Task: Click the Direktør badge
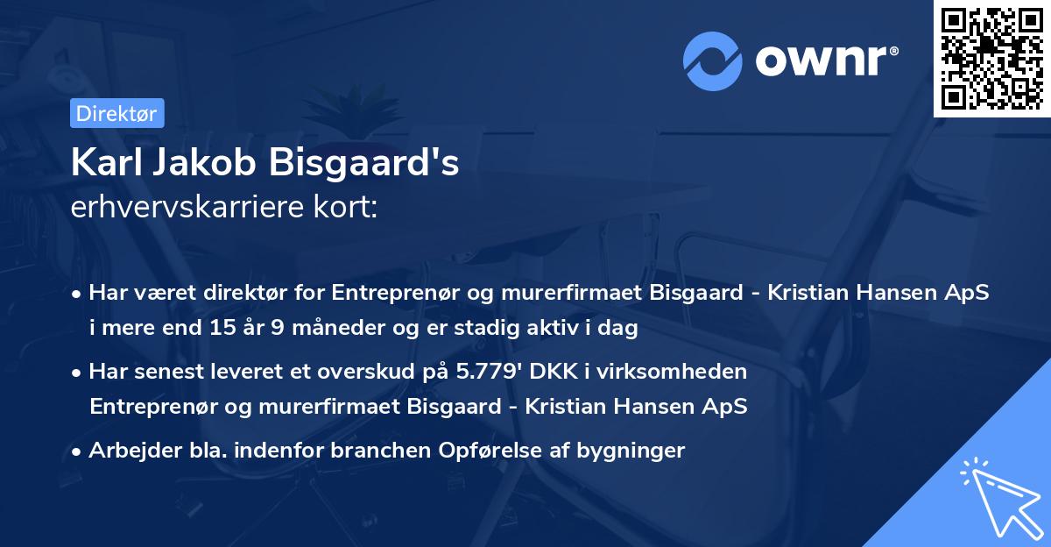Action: pyautogui.click(x=116, y=113)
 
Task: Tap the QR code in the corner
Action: pyautogui.click(x=992, y=58)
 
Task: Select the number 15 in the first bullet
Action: pyautogui.click(x=219, y=330)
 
